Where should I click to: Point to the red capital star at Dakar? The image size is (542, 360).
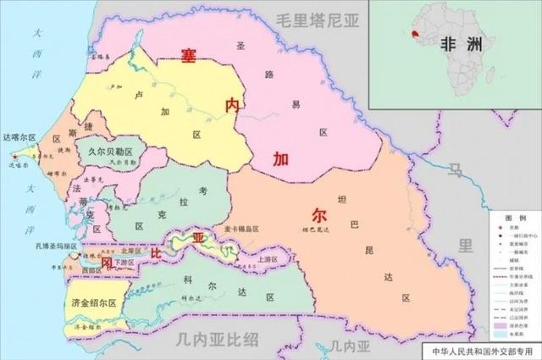(x=14, y=156)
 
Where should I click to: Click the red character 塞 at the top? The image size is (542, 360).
(x=188, y=56)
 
